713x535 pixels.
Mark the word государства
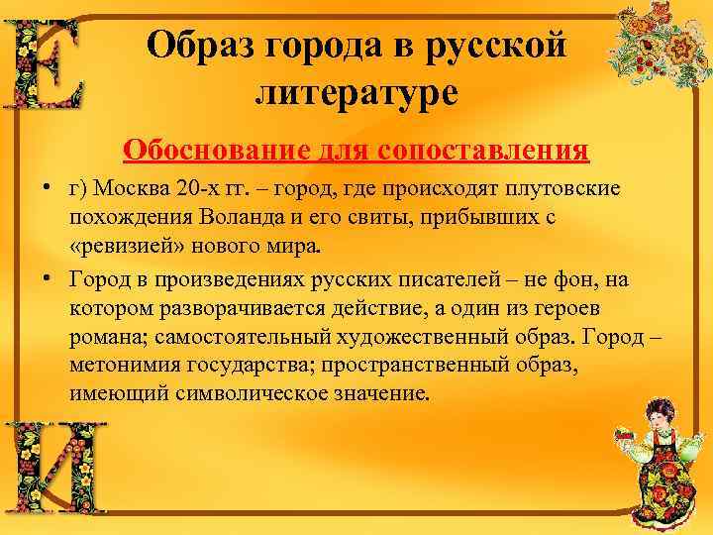pyautogui.click(x=252, y=366)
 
